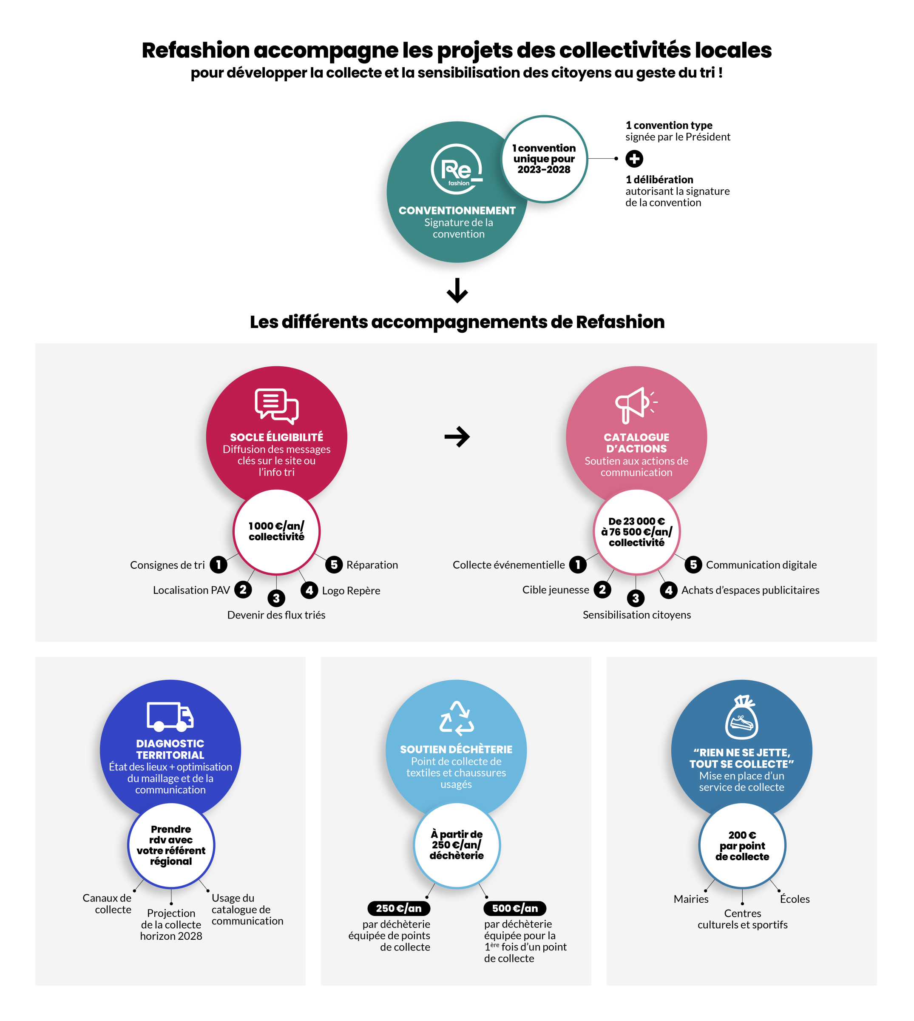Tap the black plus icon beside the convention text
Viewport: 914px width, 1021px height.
pyautogui.click(x=634, y=159)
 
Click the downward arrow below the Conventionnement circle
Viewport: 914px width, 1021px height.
pyautogui.click(x=457, y=291)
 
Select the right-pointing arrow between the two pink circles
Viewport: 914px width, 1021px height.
pyautogui.click(x=457, y=436)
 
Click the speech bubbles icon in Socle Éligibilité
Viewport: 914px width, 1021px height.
pyautogui.click(x=277, y=406)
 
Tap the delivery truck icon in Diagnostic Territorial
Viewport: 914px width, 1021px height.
pyautogui.click(x=170, y=716)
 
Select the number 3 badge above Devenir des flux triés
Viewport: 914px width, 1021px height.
pyautogui.click(x=276, y=598)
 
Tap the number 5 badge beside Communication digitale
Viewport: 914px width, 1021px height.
pyautogui.click(x=693, y=564)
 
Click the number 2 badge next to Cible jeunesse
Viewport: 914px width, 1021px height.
pyautogui.click(x=602, y=589)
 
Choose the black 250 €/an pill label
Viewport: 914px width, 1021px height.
pyautogui.click(x=399, y=908)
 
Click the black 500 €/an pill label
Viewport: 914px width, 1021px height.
pyautogui.click(x=515, y=908)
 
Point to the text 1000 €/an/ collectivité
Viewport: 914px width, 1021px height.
pyautogui.click(x=277, y=531)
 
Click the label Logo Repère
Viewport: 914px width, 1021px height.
pyautogui.click(x=351, y=590)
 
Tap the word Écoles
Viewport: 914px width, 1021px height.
pyautogui.click(x=795, y=899)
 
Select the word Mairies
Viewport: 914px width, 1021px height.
pyautogui.click(x=691, y=899)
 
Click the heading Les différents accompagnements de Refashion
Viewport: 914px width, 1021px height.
pyautogui.click(x=457, y=322)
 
